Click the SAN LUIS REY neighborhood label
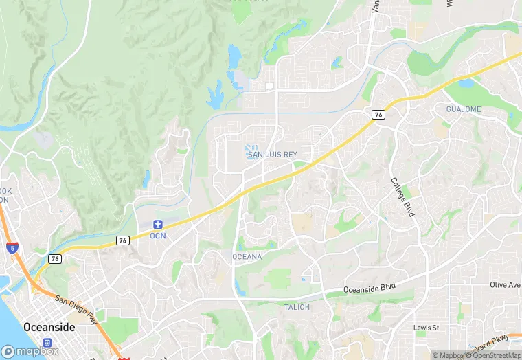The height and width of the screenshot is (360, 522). coord(273,155)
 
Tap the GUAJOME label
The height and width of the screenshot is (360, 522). coord(464,109)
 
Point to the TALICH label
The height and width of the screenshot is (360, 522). coord(297,307)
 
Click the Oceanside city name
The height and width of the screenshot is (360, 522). coord(49,327)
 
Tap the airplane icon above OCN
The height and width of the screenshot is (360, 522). coord(158,225)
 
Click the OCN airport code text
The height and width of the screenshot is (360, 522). coord(158,236)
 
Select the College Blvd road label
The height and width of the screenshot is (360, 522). coord(402,197)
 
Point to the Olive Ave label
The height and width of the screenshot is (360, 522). coord(505,284)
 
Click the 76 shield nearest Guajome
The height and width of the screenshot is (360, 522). coord(378,115)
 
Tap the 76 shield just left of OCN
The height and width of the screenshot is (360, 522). coord(122,240)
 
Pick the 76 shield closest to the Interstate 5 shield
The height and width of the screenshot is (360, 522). coord(54,258)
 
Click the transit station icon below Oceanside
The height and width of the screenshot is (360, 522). coord(47,342)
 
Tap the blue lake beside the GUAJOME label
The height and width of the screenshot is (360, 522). coord(466,84)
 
